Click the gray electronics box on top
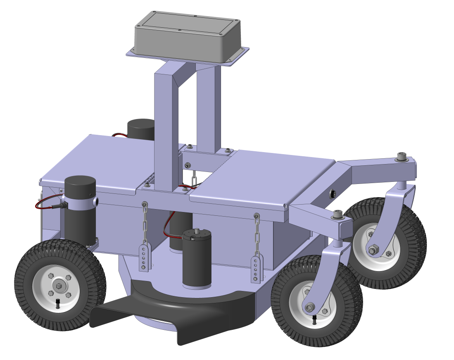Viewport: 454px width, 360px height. point(188,35)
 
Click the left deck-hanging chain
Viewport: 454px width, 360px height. point(145,225)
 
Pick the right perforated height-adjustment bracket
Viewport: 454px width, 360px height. point(256,269)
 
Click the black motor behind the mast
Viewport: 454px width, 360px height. point(140,129)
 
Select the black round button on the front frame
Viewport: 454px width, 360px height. point(333,193)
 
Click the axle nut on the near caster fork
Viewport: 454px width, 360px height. point(309,307)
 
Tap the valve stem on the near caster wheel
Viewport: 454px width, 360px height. point(315,319)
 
